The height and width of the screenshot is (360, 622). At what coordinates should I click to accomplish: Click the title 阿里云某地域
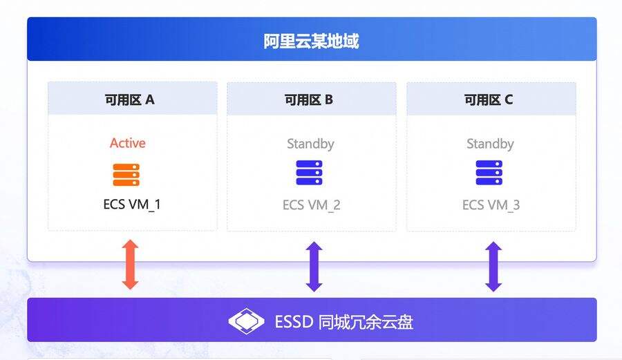pyautogui.click(x=312, y=41)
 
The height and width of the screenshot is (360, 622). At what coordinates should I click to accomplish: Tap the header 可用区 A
pyautogui.click(x=130, y=100)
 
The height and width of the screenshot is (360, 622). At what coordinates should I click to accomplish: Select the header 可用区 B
pyautogui.click(x=309, y=100)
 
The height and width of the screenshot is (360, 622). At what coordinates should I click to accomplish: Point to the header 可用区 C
pyautogui.click(x=489, y=100)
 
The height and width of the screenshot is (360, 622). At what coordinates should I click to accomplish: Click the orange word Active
pyautogui.click(x=128, y=143)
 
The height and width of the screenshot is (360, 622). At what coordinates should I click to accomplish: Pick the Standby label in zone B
pyautogui.click(x=310, y=144)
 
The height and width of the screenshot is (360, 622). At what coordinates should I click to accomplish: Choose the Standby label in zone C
pyautogui.click(x=490, y=144)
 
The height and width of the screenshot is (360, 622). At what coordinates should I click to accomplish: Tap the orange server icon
pyautogui.click(x=126, y=174)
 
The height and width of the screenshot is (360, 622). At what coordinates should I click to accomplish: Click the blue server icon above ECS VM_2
pyautogui.click(x=310, y=173)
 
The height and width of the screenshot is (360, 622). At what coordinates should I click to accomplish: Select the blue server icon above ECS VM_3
pyautogui.click(x=489, y=173)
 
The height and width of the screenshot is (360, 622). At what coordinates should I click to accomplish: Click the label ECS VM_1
pyautogui.click(x=132, y=205)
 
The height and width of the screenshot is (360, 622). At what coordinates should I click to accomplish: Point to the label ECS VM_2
pyautogui.click(x=312, y=205)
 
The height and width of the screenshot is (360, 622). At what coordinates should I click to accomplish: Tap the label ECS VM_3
pyautogui.click(x=491, y=205)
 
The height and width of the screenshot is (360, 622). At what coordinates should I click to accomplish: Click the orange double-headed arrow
pyautogui.click(x=130, y=264)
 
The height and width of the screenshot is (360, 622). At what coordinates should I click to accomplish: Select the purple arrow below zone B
pyautogui.click(x=314, y=267)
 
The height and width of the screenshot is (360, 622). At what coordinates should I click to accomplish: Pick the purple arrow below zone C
pyautogui.click(x=493, y=267)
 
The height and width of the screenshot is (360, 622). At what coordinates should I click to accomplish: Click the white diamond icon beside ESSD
pyautogui.click(x=246, y=321)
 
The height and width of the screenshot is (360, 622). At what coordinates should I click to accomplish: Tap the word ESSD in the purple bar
pyautogui.click(x=294, y=322)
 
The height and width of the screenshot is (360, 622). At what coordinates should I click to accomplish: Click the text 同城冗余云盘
pyautogui.click(x=366, y=322)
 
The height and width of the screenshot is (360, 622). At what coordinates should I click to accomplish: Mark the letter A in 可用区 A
pyautogui.click(x=149, y=100)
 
